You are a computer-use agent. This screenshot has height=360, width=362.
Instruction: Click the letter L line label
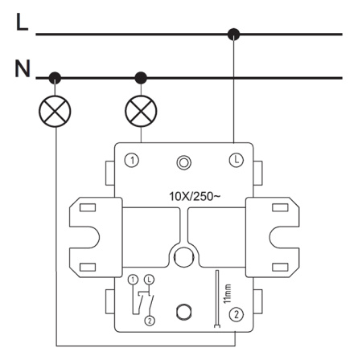[22, 22]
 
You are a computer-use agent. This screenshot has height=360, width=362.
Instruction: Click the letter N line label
[23, 68]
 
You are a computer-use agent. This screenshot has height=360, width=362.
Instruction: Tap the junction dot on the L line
[233, 34]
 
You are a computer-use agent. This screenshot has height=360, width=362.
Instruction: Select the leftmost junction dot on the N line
[55, 78]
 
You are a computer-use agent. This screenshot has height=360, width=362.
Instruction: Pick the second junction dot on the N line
[141, 78]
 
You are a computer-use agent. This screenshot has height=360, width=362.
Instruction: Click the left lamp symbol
[55, 111]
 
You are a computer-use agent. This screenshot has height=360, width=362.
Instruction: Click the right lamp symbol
[141, 111]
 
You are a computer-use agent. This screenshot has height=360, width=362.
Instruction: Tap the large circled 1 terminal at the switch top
[132, 161]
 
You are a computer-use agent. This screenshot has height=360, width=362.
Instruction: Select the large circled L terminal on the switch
[237, 160]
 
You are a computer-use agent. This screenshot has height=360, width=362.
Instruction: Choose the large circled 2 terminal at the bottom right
[237, 314]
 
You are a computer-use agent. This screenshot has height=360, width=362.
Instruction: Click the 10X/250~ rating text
[195, 197]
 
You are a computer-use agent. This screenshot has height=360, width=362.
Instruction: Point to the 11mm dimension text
[227, 293]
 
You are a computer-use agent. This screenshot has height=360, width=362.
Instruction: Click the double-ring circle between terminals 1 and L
[184, 162]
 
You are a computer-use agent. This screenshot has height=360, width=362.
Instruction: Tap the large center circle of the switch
[184, 257]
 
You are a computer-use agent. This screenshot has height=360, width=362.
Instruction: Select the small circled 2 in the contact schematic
[150, 321]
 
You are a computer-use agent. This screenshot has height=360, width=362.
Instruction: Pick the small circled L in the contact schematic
[150, 280]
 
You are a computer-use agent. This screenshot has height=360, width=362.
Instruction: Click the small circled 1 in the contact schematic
[133, 280]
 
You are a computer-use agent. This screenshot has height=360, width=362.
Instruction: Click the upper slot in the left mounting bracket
[88, 207]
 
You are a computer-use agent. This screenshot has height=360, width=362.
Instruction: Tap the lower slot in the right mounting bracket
[280, 267]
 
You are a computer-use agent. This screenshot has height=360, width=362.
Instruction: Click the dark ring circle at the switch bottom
[184, 313]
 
